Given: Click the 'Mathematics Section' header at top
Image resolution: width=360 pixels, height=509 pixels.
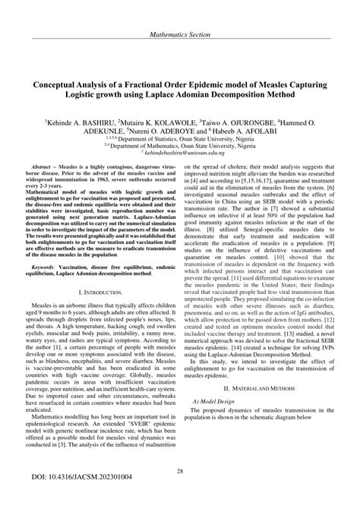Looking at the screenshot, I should (180, 13).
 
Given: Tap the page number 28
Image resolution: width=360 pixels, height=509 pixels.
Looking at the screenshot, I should (180, 473).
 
